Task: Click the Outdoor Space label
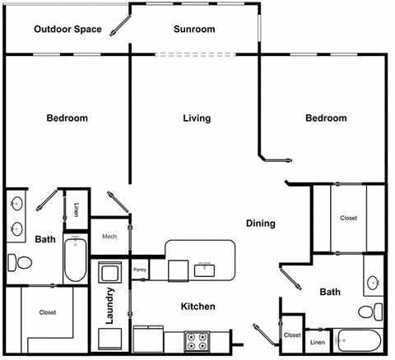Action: pyautogui.click(x=67, y=30)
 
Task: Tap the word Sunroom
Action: pyautogui.click(x=194, y=30)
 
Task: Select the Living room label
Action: pyautogui.click(x=197, y=118)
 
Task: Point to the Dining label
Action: pyautogui.click(x=260, y=224)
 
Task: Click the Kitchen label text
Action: pyautogui.click(x=197, y=307)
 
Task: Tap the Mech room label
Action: pyautogui.click(x=109, y=237)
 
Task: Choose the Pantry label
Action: pyautogui.click(x=140, y=270)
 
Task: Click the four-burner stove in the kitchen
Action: pyautogui.click(x=198, y=338)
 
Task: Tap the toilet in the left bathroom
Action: pyautogui.click(x=21, y=264)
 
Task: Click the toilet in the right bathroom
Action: pyautogui.click(x=373, y=312)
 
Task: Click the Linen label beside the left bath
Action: pyautogui.click(x=76, y=210)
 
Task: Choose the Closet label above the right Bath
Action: pyautogui.click(x=348, y=218)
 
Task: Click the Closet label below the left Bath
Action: pyautogui.click(x=47, y=312)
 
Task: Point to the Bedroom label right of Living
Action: pyautogui.click(x=326, y=118)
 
